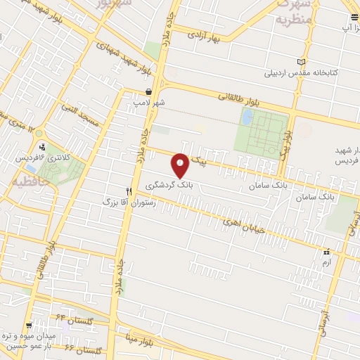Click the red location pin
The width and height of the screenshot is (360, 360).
pos(181,165)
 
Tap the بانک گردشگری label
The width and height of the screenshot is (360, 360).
pos(169,184)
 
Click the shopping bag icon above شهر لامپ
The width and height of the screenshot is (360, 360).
pos(148,92)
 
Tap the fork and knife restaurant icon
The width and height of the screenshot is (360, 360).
pos(128,191)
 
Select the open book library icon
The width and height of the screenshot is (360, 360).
pos(302,62)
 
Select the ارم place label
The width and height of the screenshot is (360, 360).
pos(324,262)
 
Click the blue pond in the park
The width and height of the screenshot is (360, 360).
pos(248,117)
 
